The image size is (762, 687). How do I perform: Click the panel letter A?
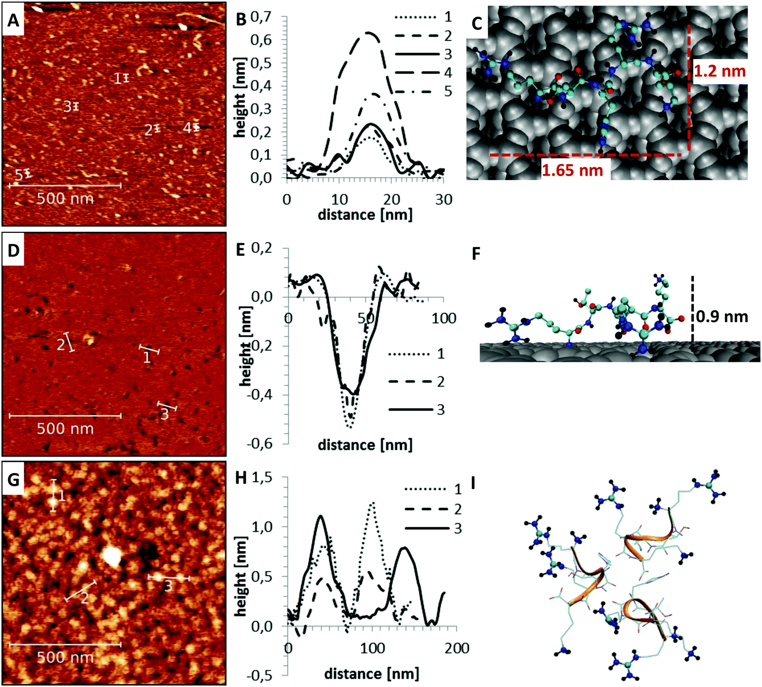pos(13,20)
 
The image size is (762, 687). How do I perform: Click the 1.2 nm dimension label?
pos(719,71)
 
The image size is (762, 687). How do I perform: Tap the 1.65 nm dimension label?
pos(572,170)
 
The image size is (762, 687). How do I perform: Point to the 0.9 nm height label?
pos(722,317)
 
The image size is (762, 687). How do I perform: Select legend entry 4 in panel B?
pos(448,73)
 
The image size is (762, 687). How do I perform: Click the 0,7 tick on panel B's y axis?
pos(261,18)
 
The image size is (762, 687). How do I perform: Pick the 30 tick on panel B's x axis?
pos(443,199)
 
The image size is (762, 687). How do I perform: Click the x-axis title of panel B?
pos(365,215)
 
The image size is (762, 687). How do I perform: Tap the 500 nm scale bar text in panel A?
pos(65,198)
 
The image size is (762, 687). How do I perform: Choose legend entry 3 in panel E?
pos(441,409)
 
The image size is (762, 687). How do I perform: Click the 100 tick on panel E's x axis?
pos(443,318)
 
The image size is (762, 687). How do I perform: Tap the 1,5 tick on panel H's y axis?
pos(261,478)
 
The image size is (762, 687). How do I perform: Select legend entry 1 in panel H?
pos(458,489)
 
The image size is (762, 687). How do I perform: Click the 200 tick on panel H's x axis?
pos(457,648)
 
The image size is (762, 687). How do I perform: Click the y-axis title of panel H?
pos(241,576)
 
